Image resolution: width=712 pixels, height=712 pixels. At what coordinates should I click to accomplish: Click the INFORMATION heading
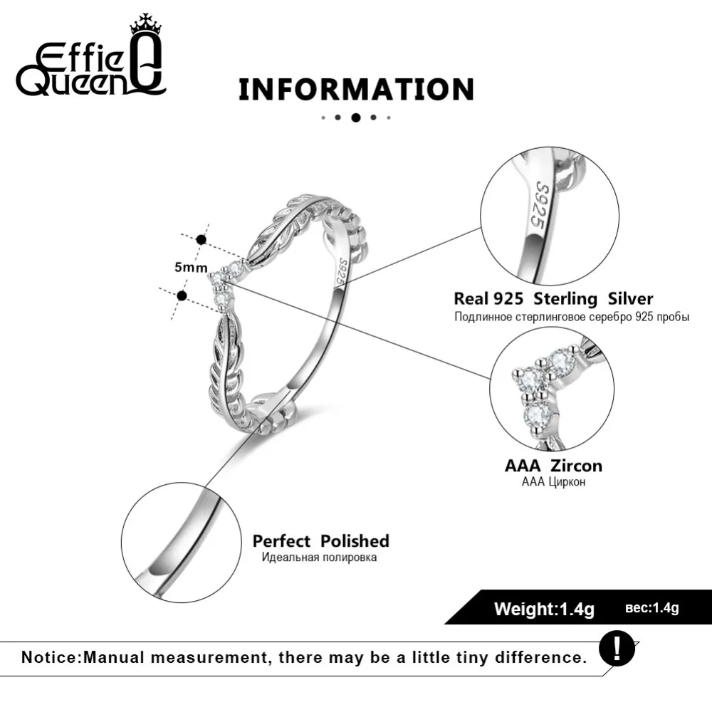pos(355,90)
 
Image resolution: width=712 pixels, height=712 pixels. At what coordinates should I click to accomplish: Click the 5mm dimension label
pos(191,268)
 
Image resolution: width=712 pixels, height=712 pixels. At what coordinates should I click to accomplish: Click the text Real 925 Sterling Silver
pos(553,298)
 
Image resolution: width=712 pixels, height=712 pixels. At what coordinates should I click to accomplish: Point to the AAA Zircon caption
pos(553,466)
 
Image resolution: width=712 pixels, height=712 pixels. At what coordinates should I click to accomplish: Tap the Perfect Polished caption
pos(320,541)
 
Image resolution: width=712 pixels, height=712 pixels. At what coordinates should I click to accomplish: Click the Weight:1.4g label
pos(544,609)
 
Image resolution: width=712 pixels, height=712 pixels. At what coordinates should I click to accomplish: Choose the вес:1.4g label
pos(651,608)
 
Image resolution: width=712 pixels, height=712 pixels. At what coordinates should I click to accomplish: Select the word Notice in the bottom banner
pos(50,656)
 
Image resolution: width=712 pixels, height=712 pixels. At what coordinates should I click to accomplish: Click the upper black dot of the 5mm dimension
pos(201,240)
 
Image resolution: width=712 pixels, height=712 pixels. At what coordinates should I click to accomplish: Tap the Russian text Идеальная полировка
pos(319,557)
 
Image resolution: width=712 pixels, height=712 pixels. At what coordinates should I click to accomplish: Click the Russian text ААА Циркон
pos(553,482)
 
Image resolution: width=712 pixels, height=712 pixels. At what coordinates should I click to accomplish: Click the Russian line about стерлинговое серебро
pos(572,316)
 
